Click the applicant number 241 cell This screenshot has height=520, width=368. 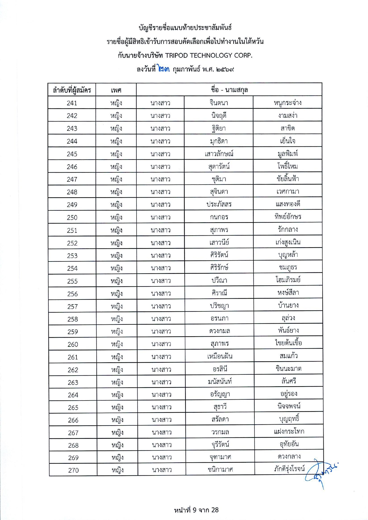point(72,103)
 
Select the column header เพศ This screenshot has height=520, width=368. point(116,90)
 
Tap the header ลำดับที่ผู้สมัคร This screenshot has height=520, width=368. point(72,90)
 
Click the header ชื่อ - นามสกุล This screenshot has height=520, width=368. point(229,89)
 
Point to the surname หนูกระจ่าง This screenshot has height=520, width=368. point(287,103)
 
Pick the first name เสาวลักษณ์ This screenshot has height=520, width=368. point(219,154)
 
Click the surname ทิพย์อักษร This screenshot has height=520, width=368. point(288,217)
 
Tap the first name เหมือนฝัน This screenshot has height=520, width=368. point(220,356)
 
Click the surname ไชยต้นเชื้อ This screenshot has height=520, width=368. point(288,343)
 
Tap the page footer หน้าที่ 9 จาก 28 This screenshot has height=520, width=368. point(196,510)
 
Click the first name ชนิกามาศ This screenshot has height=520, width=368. point(220,469)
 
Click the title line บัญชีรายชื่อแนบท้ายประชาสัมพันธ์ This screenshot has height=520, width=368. point(185,28)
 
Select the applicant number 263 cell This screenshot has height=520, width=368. point(73,382)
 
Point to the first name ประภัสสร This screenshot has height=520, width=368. point(219,204)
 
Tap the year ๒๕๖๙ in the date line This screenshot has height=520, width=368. point(225,70)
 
